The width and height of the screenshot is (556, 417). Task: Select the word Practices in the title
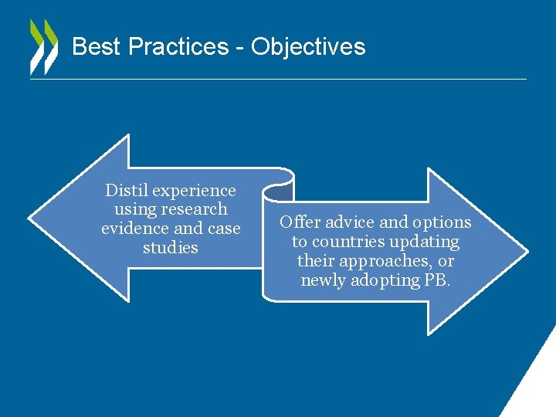[x=178, y=47]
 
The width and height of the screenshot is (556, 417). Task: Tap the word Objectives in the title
[x=308, y=47]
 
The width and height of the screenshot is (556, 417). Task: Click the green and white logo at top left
[x=43, y=46]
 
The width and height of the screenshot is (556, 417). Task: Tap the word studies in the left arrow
[x=171, y=248]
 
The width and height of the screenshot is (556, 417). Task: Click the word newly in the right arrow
[x=324, y=280]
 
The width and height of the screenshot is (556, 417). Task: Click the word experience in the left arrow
[x=193, y=191]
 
